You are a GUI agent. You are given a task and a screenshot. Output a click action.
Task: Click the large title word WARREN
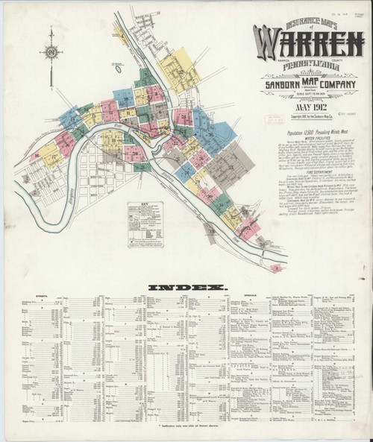point(307,42)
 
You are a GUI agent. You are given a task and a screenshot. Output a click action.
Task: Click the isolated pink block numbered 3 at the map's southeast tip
point(277,266)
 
